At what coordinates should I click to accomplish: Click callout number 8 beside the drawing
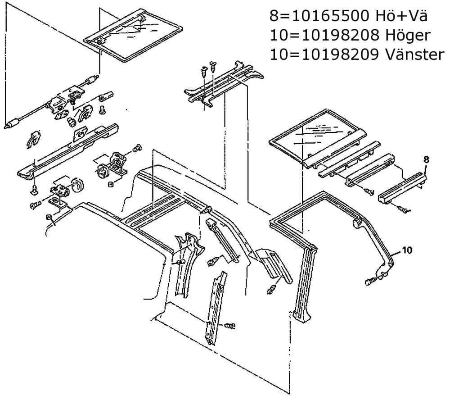426,159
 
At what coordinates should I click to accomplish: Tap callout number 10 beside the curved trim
407,249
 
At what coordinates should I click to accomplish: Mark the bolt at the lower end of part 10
370,282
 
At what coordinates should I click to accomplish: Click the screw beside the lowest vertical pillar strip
230,325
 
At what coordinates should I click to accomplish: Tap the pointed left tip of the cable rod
7,127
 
